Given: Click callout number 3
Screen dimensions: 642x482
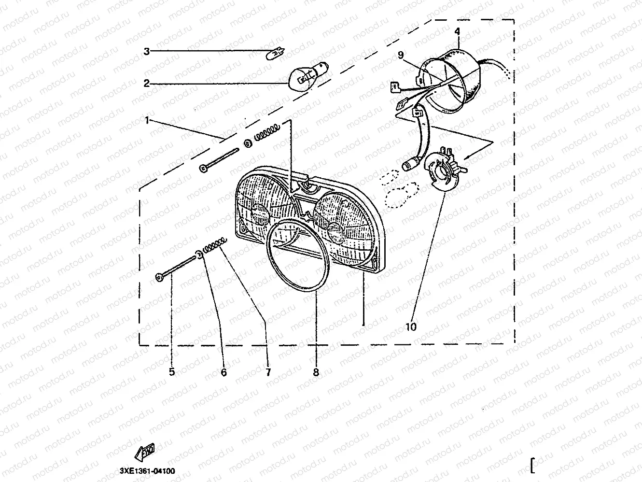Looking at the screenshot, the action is pos(147,52).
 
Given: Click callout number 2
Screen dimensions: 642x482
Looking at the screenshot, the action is pos(147,84).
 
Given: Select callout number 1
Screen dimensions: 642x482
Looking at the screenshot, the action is pos(147,120).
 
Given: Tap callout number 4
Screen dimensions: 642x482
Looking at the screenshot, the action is pos(457,31).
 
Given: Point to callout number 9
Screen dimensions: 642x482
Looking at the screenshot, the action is pos(401,55).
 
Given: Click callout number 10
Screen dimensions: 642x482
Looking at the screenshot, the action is pos(411,327).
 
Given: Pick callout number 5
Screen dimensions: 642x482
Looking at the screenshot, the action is pos(172,372).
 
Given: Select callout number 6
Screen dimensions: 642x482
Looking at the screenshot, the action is pos(223,372).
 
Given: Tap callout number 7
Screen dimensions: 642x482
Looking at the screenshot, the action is pos(268,372).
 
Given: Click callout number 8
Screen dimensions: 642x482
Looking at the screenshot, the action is pos(316,372).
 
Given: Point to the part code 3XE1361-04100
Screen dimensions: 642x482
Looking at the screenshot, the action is pos(147,471).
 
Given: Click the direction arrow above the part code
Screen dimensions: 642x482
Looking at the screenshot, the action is pos(144,452).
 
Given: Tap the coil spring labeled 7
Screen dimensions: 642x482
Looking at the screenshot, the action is pos(215,245).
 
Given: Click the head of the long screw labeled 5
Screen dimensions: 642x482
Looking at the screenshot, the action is pos(159,277).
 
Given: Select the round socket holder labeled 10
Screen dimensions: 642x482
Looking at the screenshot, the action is pos(445,170).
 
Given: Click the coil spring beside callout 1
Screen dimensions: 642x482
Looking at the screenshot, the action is pos(267,132).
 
